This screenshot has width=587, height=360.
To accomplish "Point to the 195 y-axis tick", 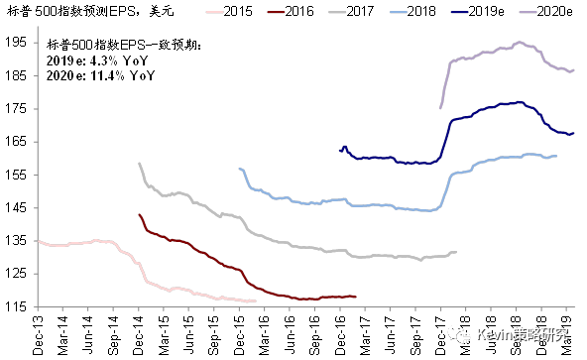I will pyautogui.click(x=17, y=43).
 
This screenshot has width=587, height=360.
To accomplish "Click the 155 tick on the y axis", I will pyautogui.click(x=17, y=175).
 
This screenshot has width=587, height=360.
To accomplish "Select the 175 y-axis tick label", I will pyautogui.click(x=17, y=108).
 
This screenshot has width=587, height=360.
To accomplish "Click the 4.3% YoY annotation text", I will pyautogui.click(x=83, y=60).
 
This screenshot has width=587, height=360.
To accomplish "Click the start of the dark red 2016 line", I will pyautogui.click(x=138, y=213).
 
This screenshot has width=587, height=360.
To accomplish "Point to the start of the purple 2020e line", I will pyautogui.click(x=440, y=107).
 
